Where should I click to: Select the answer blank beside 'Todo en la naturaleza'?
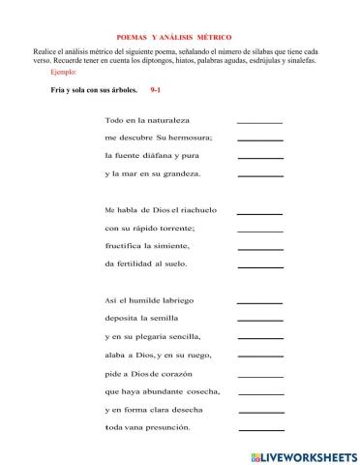(259, 121)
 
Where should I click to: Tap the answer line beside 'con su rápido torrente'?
(259, 228)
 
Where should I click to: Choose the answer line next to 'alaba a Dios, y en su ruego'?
(259, 355)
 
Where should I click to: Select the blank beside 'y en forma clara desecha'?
(259, 410)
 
